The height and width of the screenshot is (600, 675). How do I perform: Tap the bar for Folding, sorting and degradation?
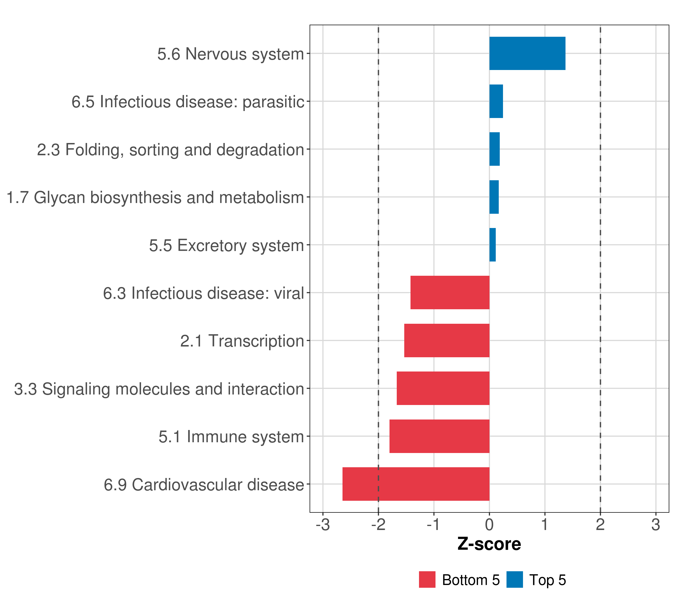coord(494,149)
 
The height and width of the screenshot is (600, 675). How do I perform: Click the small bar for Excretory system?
coord(492,245)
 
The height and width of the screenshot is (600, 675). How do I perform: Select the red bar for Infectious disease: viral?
coord(450,292)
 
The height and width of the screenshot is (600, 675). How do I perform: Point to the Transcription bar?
coord(446,340)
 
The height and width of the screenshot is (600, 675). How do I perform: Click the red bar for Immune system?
coord(439,436)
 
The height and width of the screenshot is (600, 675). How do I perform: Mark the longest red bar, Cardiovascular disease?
coord(416,484)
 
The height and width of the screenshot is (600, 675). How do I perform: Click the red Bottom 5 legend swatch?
coord(427,580)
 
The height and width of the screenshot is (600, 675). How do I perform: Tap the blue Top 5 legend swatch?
coord(514,580)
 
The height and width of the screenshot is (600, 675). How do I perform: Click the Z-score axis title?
coord(489,544)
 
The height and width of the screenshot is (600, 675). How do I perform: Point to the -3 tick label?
coord(323,525)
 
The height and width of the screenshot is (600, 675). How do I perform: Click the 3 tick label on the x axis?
coord(655,525)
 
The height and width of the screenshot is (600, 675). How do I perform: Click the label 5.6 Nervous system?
coord(230,54)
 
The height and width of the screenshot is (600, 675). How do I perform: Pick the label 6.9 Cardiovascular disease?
coord(204,485)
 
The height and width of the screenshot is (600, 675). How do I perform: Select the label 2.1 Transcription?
coord(242,341)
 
